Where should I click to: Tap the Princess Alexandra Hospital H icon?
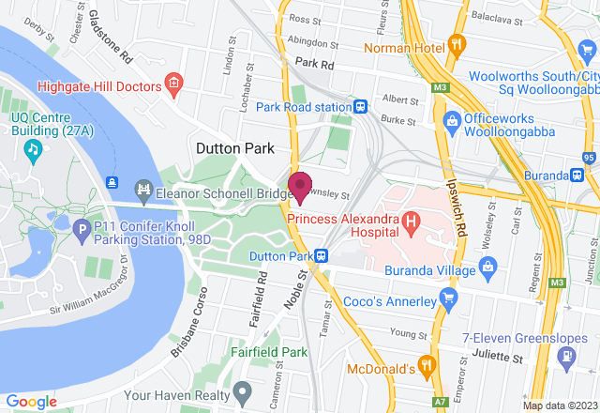point(410,222)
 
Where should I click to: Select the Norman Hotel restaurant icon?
point(457,43)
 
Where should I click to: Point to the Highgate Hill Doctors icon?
point(173,85)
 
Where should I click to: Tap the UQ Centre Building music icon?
point(34,148)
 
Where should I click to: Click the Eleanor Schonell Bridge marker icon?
point(143,190)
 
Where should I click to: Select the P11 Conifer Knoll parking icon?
point(82,228)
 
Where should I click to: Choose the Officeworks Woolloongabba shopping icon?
point(452,120)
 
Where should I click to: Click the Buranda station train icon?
point(578,175)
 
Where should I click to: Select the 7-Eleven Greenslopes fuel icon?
point(566,357)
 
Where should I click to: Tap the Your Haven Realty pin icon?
point(243,389)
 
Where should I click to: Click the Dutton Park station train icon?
point(321,255)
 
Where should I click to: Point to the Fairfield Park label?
point(270,353)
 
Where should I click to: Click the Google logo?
point(31,401)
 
